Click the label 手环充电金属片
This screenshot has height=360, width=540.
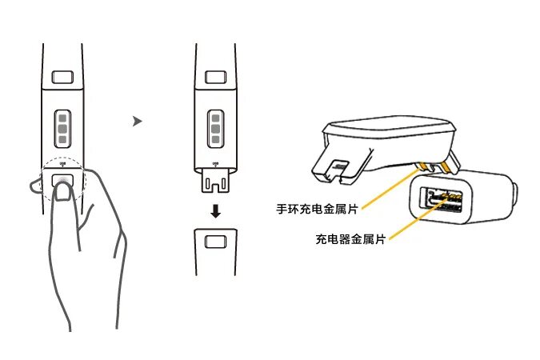point(317,207)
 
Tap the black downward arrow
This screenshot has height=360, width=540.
point(214,211)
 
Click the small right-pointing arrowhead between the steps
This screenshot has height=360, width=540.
point(137,122)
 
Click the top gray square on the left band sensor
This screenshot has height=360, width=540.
point(62,117)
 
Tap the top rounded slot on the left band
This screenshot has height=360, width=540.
point(62,78)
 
